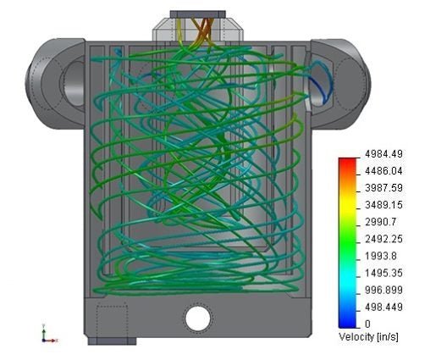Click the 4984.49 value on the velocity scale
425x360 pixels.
click(384, 154)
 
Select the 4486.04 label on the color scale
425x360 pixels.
click(384, 171)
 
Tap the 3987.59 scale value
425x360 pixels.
click(384, 188)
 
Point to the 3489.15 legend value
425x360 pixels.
click(384, 205)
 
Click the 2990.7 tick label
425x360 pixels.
click(381, 222)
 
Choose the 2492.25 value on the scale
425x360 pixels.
click(384, 239)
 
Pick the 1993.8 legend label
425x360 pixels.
click(381, 256)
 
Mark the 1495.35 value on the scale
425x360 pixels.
click(384, 273)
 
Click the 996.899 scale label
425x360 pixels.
click(384, 290)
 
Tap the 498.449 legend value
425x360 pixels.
click(384, 307)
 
